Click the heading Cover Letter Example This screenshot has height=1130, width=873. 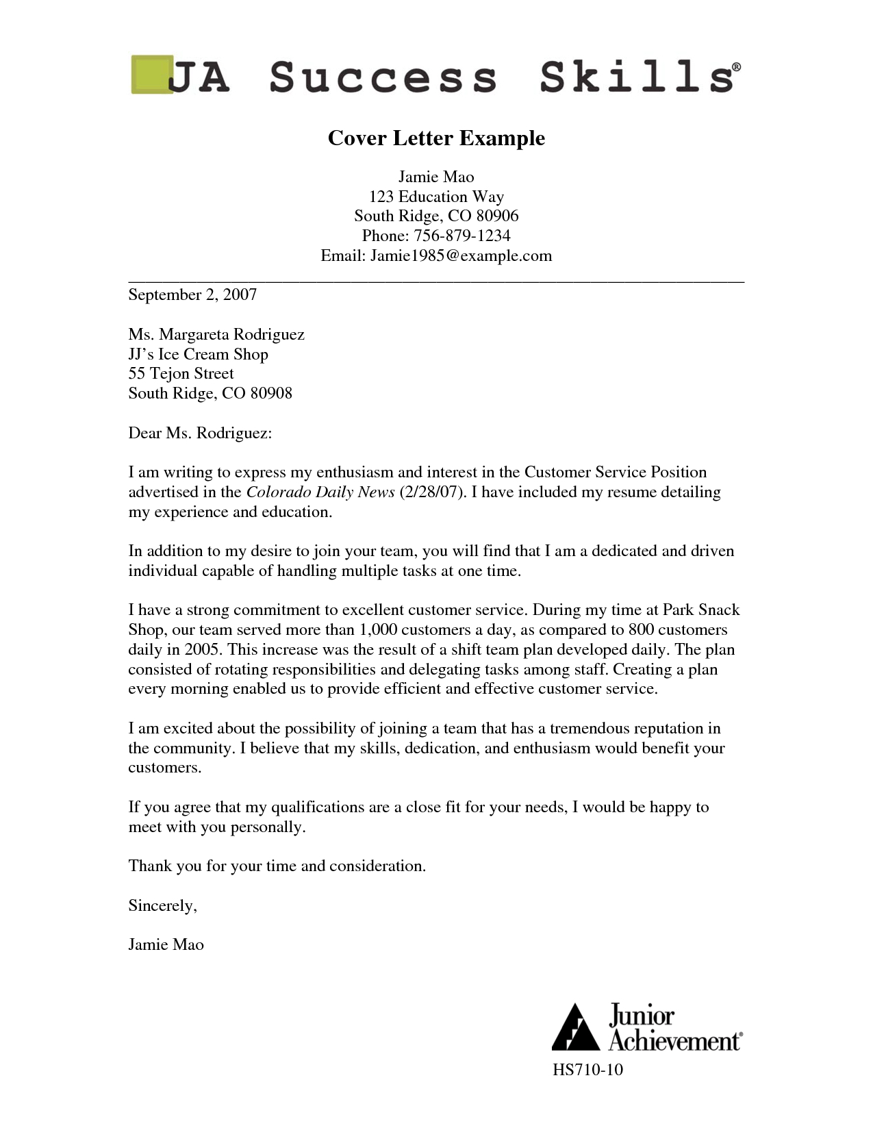(x=436, y=138)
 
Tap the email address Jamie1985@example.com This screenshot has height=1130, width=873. (x=461, y=256)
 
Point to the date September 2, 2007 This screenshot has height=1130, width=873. (x=192, y=295)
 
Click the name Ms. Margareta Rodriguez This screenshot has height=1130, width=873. (x=216, y=335)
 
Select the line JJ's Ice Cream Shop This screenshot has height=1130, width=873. (x=198, y=355)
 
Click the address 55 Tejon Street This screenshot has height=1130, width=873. (x=181, y=374)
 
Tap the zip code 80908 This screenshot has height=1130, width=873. (x=271, y=394)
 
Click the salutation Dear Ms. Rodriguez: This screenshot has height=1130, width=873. (x=200, y=434)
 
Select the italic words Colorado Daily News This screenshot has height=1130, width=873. (x=320, y=492)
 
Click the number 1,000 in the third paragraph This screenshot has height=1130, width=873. (x=377, y=630)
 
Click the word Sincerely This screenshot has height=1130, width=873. (x=162, y=906)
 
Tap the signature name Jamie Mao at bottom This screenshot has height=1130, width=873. (x=166, y=945)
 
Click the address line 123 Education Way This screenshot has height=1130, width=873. (x=436, y=197)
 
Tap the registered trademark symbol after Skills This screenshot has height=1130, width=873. (x=736, y=67)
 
